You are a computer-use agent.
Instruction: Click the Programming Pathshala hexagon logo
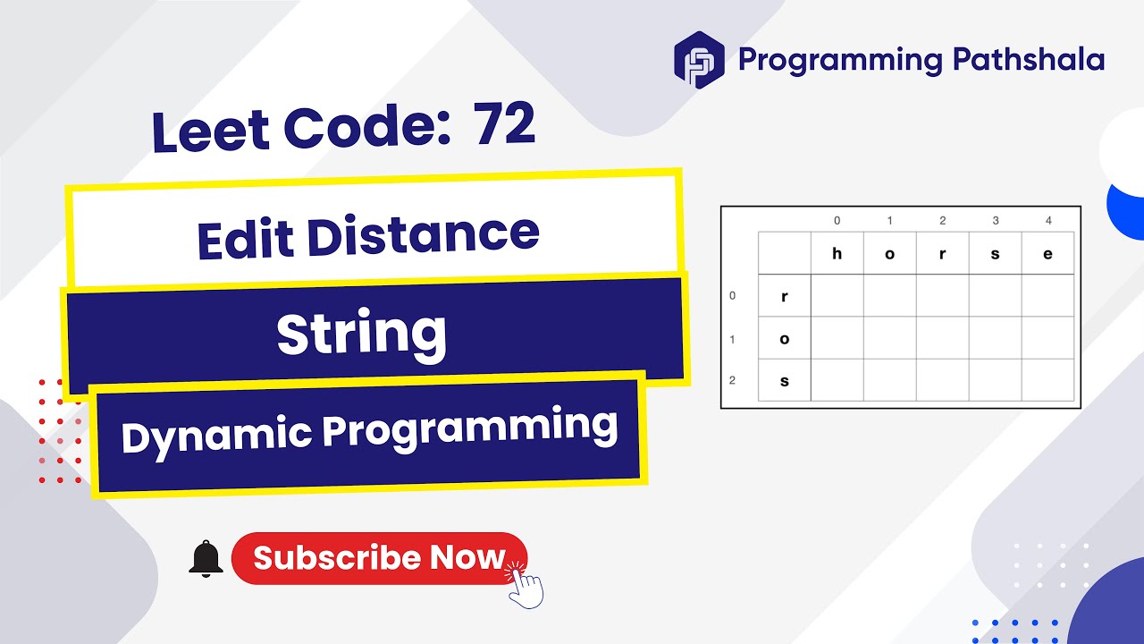(699, 60)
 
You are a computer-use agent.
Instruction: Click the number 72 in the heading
(505, 127)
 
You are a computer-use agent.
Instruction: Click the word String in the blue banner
(361, 333)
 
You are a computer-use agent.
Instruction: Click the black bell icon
(206, 559)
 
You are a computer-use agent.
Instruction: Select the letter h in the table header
(837, 253)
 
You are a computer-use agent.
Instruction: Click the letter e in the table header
(1047, 253)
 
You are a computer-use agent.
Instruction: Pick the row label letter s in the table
(785, 380)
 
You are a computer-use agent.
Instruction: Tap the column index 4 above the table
(1047, 220)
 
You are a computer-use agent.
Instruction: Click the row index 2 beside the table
(733, 380)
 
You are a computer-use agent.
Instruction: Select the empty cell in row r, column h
(837, 296)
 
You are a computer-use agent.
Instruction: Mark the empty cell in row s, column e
(1047, 380)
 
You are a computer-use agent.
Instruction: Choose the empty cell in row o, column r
(942, 338)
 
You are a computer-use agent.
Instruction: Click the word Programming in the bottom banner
(469, 428)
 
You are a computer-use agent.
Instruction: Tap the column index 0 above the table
(837, 220)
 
